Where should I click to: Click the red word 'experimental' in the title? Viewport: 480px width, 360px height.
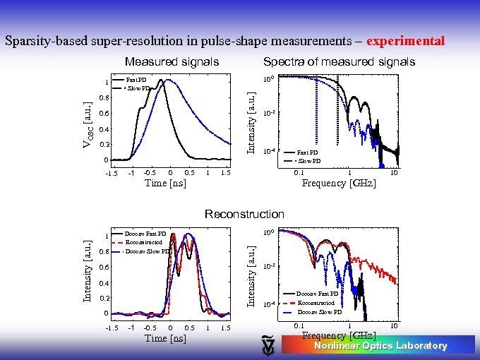pyautogui.click(x=406, y=41)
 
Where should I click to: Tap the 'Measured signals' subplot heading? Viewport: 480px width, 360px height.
pyautogui.click(x=172, y=62)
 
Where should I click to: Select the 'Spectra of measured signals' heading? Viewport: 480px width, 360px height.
pyautogui.click(x=339, y=62)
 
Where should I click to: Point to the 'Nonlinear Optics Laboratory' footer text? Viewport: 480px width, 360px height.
pyautogui.click(x=380, y=346)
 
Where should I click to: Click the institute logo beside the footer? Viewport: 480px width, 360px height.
pyautogui.click(x=268, y=344)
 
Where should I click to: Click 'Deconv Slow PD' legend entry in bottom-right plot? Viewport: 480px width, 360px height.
pyautogui.click(x=319, y=312)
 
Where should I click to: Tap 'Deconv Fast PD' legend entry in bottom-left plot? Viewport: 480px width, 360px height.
pyautogui.click(x=145, y=234)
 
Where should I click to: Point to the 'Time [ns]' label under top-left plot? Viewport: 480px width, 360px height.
pyautogui.click(x=165, y=184)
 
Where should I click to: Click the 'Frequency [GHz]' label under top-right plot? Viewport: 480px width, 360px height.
pyautogui.click(x=339, y=184)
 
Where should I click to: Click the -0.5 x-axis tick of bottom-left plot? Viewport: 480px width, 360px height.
pyautogui.click(x=150, y=328)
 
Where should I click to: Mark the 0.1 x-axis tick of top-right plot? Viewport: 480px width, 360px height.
pyautogui.click(x=299, y=172)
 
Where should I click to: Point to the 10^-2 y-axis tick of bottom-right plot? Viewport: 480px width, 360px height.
pyautogui.click(x=260, y=267)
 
